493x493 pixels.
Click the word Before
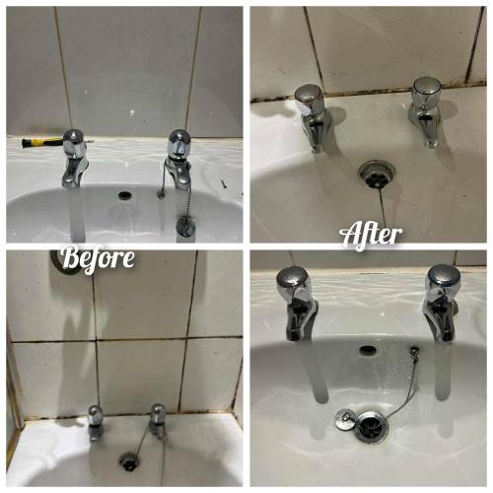(x=98, y=258)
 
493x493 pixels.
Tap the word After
(x=371, y=235)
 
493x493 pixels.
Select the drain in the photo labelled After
(x=377, y=174)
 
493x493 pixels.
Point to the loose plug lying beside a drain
(x=345, y=419)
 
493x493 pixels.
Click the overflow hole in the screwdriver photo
(x=124, y=195)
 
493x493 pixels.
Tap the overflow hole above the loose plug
(x=368, y=350)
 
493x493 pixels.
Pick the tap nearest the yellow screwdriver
(x=75, y=158)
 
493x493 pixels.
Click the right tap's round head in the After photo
(x=427, y=86)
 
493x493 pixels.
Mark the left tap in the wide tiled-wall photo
(x=96, y=422)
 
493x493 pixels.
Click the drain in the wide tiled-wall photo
(x=129, y=461)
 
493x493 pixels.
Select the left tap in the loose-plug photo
(x=296, y=303)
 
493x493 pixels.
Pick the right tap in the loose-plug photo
(x=442, y=303)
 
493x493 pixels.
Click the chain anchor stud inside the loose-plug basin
(x=415, y=350)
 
